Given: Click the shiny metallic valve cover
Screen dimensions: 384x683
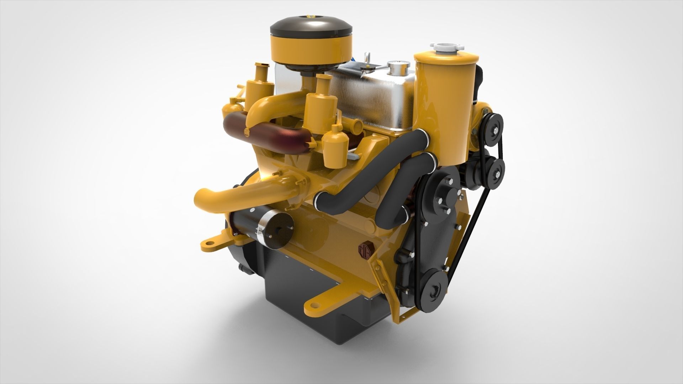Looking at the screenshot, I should (x=370, y=100).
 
